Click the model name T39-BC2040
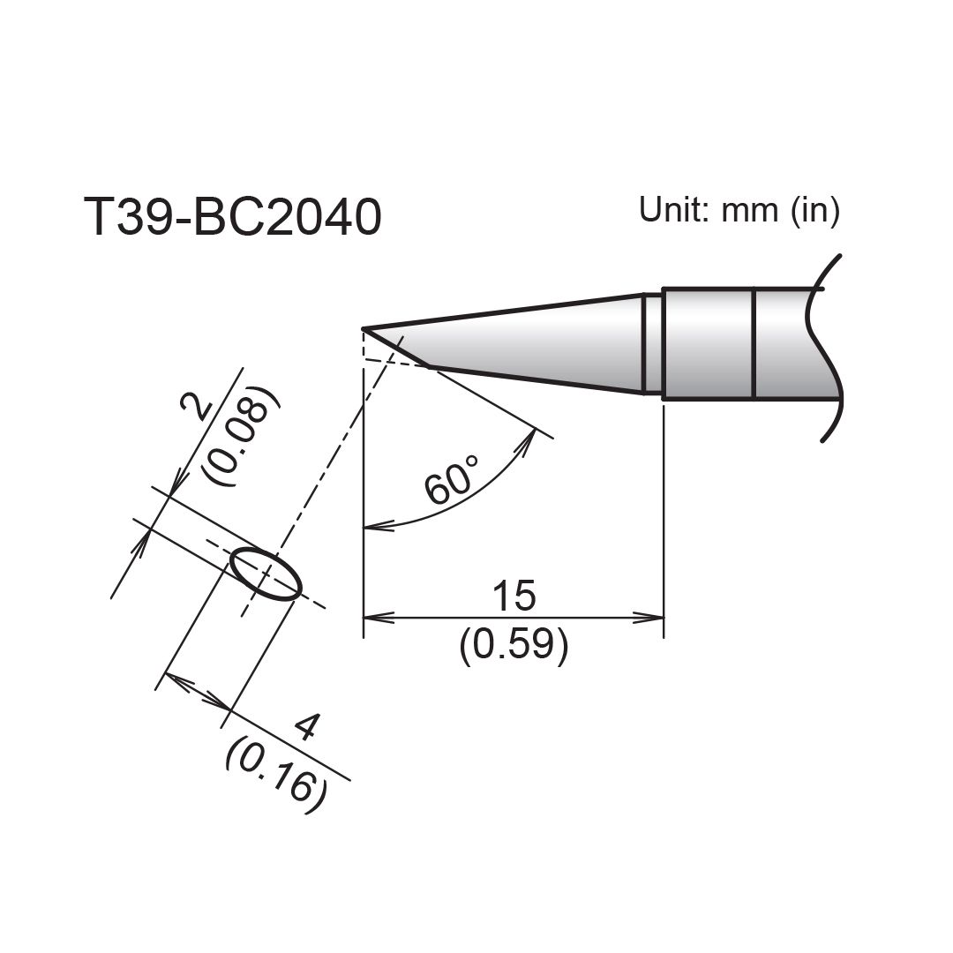[233, 217]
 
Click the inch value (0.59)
[513, 647]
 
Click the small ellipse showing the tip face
[266, 574]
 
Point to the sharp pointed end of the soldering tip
[364, 329]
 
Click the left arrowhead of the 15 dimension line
[371, 618]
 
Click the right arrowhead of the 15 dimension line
[656, 618]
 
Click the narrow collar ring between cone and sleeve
[652, 343]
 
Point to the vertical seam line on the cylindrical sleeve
[754, 344]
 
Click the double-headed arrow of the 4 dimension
[199, 692]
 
